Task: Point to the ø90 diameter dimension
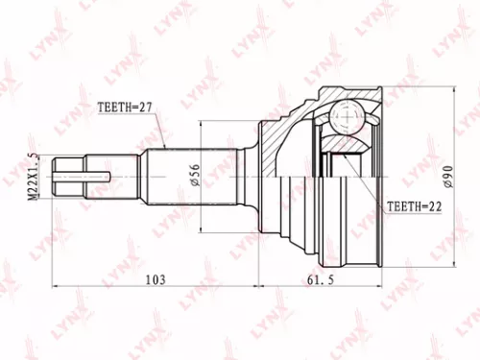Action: click(x=447, y=177)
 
